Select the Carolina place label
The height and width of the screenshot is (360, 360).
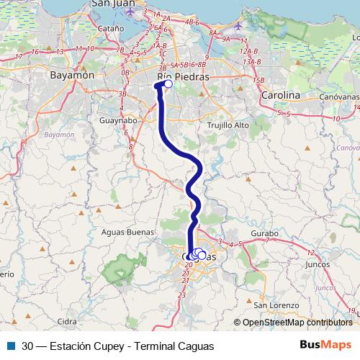tap(281, 95)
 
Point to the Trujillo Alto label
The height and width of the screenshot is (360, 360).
tap(228, 125)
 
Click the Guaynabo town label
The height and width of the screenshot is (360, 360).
tap(119, 121)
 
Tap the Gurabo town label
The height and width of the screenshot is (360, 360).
tap(265, 235)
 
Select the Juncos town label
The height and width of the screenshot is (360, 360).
tap(318, 264)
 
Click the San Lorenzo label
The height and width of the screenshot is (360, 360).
tap(280, 305)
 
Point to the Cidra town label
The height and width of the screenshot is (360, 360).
tap(66, 321)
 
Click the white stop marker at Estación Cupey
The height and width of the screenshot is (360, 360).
tap(168, 84)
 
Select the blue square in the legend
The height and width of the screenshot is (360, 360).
tap(11, 346)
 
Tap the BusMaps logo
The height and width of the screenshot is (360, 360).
tap(325, 345)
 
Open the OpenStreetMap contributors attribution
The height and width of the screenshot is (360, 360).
tap(297, 323)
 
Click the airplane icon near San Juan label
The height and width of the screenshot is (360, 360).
tap(130, 12)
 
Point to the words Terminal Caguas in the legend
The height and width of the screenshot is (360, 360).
tap(177, 346)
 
